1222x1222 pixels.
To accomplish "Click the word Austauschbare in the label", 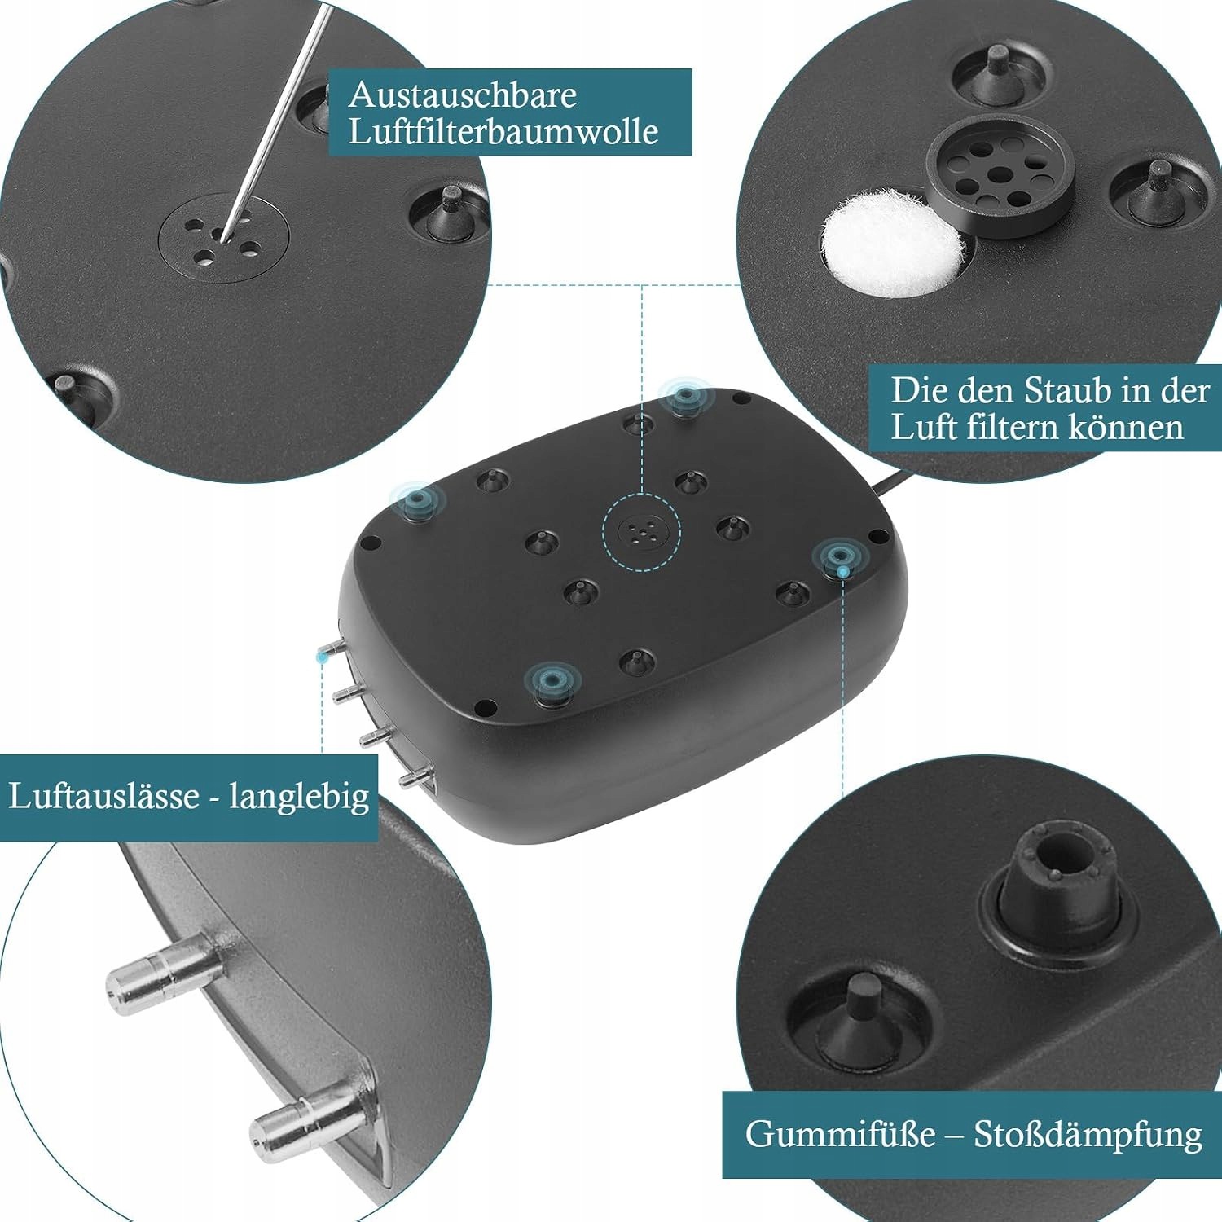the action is tap(462, 95).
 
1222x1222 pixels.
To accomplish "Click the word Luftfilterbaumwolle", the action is tap(503, 132).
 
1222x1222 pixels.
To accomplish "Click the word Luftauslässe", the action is tap(103, 796).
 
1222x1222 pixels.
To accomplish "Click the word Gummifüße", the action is tap(840, 1135).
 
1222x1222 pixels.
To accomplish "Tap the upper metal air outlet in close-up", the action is tap(165, 973).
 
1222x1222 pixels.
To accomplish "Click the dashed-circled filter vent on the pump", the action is tap(641, 533).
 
